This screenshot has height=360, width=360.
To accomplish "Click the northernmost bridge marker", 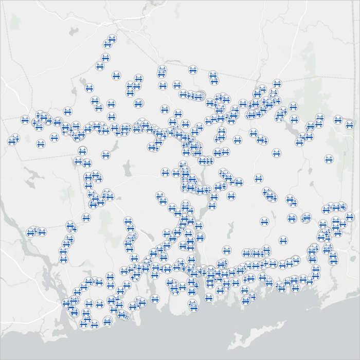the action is (x=112, y=39).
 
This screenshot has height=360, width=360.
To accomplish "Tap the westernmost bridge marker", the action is (x=11, y=141).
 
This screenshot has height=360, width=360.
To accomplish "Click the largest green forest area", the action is (x=309, y=77).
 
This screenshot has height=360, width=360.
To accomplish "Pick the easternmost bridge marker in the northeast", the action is (x=350, y=124).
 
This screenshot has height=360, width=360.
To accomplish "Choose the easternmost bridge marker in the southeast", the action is (x=350, y=217).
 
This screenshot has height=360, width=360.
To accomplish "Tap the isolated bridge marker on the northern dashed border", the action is (x=192, y=69).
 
